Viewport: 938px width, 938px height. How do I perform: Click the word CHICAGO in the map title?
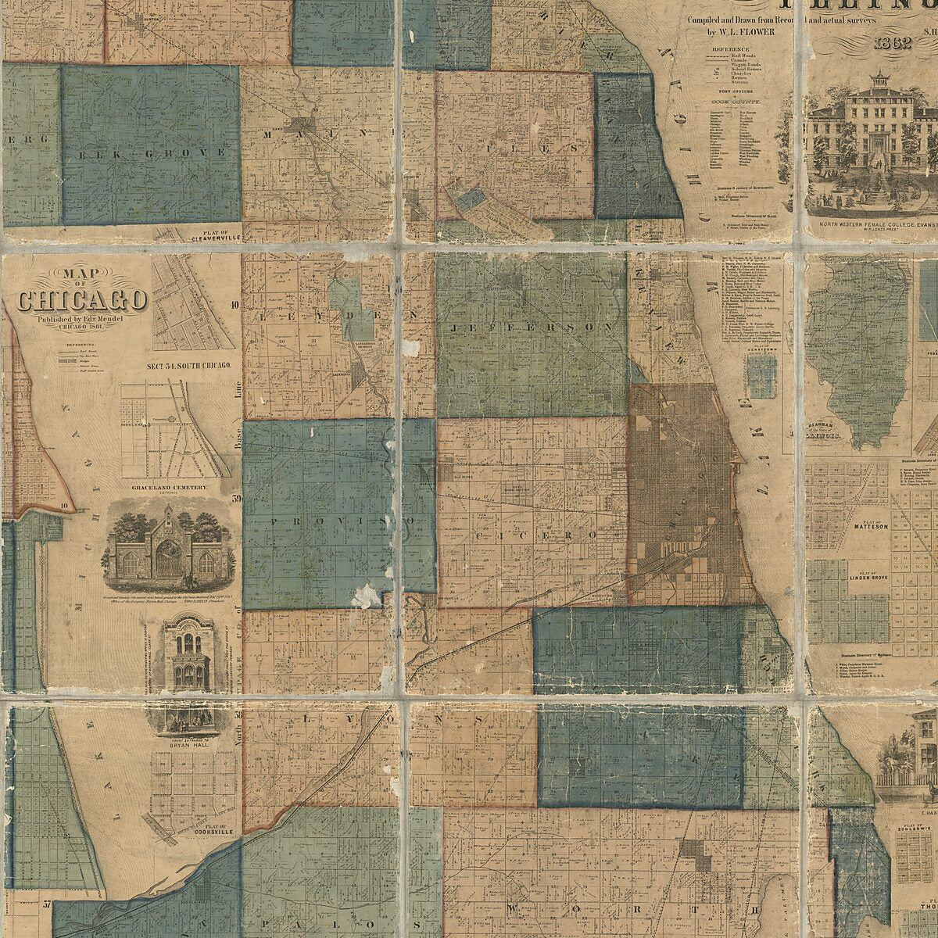pos(82,301)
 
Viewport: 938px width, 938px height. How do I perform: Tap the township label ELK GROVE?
pos(150,153)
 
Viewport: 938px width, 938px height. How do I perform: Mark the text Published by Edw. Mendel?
pos(82,320)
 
